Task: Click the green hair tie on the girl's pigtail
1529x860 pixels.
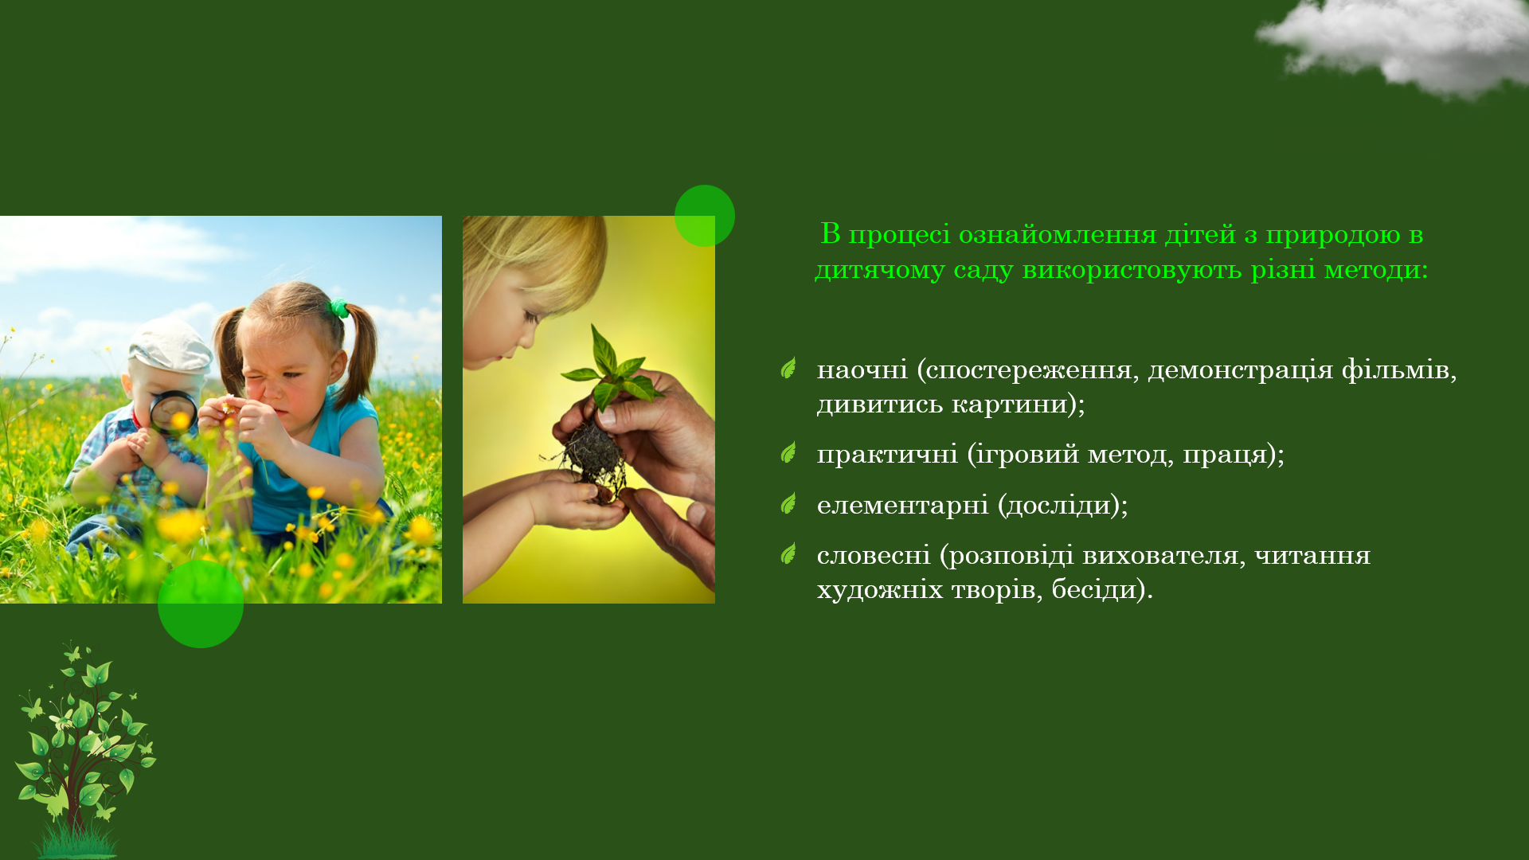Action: point(340,307)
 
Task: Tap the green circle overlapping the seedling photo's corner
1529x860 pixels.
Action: point(705,216)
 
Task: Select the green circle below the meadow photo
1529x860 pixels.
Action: point(201,604)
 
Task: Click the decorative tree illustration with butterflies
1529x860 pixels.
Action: point(84,749)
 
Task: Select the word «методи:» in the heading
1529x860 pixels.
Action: point(1376,269)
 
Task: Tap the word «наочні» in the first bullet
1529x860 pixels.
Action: point(862,369)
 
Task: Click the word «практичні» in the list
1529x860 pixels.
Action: point(887,454)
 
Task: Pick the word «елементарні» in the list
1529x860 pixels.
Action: point(902,505)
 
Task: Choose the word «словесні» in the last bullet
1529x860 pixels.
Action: point(874,555)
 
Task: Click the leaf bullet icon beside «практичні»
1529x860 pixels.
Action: point(788,452)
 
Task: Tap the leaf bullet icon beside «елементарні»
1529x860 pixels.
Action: point(788,503)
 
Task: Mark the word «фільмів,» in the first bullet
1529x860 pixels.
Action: point(1399,369)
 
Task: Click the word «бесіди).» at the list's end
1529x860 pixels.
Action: point(1102,589)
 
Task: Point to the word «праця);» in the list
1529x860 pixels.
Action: point(1234,454)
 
